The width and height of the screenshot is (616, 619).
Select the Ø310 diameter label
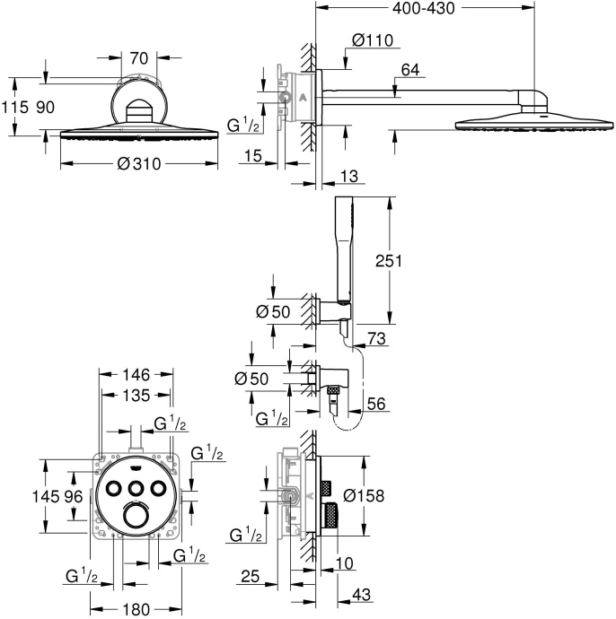tap(138, 165)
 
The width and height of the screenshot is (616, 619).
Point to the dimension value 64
tap(411, 69)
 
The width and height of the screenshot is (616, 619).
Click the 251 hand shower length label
tap(411, 261)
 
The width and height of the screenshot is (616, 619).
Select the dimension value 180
tap(135, 609)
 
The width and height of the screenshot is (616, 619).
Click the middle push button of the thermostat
tap(136, 487)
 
